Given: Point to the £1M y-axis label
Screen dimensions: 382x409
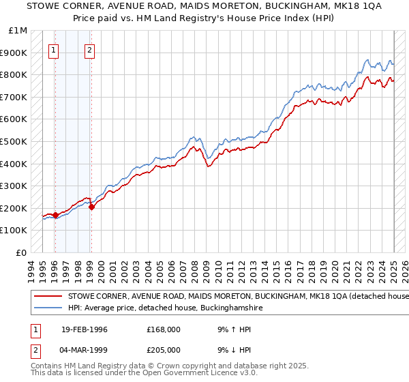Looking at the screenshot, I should click(x=18, y=31).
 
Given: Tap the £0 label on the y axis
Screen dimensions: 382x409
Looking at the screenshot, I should click(x=22, y=252).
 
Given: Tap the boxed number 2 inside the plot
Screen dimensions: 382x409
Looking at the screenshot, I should click(x=90, y=49).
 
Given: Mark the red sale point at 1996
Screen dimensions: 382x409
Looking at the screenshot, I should click(x=56, y=215).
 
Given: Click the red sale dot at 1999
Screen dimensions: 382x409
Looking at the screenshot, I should click(x=91, y=207).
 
